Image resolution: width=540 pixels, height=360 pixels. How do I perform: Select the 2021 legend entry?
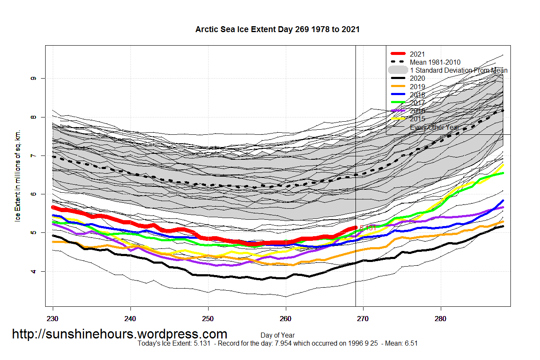(x=418, y=54)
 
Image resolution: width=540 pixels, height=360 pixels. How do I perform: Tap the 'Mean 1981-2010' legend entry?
(x=435, y=62)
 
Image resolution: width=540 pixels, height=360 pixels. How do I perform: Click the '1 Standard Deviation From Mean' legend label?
(x=459, y=70)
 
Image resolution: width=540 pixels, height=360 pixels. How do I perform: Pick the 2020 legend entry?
(x=418, y=78)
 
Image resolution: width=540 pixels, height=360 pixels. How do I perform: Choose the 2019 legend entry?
(x=418, y=87)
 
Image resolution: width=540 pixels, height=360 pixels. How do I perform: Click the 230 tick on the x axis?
(x=53, y=317)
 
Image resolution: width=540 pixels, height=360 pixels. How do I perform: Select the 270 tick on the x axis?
(x=363, y=317)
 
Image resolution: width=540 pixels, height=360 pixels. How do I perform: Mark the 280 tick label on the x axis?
(x=441, y=317)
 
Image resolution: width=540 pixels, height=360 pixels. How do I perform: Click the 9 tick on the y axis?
(x=32, y=78)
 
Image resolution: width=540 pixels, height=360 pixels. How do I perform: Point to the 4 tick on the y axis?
(x=32, y=271)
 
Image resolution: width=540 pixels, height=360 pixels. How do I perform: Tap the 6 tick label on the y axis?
(x=32, y=194)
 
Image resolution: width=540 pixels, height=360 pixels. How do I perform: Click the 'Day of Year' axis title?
(x=277, y=335)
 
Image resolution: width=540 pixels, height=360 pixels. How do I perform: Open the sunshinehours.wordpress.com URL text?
(x=119, y=334)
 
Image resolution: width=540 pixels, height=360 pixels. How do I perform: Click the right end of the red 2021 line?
(x=355, y=228)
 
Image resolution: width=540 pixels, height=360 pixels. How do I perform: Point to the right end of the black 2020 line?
(x=502, y=226)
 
